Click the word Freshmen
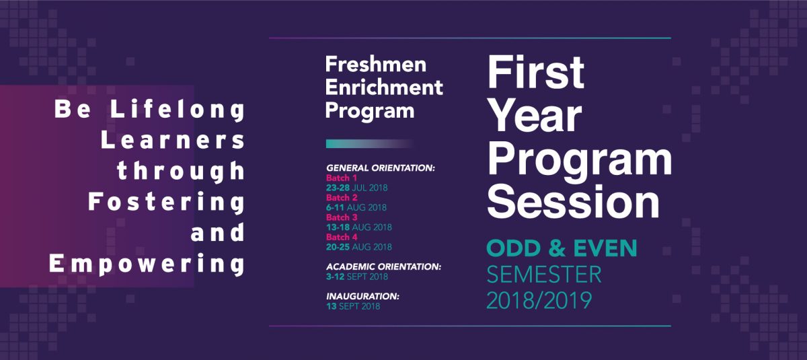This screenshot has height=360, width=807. pos(376,65)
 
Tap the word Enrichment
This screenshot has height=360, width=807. pos(384,87)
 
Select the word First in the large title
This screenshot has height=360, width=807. pos(536,73)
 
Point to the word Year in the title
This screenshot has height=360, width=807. pos(535,117)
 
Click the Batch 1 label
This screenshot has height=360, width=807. pos(342,178)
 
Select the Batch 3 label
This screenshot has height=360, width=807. pos(342,217)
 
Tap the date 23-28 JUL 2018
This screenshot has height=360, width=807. pos(356,188)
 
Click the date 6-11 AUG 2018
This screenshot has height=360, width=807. pos(356,207)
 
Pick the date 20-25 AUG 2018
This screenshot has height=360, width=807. pos(359,247)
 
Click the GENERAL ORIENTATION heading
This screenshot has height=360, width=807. pos(381,168)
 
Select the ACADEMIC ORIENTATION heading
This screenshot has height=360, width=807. pos(384,266)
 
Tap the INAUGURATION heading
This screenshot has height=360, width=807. pos(362,296)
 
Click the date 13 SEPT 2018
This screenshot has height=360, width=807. pos(353,306)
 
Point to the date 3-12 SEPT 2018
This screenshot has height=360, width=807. pos(357,277)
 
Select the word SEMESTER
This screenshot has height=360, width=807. pos(544,275)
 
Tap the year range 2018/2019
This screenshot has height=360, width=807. pos(539,301)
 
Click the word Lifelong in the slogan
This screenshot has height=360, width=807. pos(178,109)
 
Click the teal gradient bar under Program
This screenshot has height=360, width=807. pos(370,144)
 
